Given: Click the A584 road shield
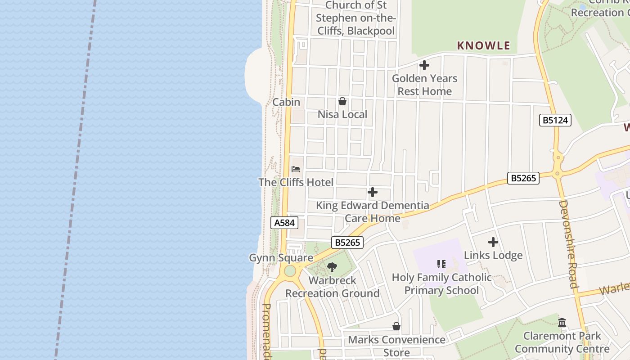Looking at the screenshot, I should click(284, 222).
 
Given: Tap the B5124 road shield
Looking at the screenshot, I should click(555, 120).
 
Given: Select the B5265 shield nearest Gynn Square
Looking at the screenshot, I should click(347, 243).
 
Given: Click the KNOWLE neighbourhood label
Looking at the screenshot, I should click(484, 45).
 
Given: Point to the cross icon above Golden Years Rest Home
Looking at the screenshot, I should click(424, 66).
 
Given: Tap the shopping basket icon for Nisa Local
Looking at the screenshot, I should click(342, 101).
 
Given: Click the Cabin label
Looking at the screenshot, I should click(286, 102).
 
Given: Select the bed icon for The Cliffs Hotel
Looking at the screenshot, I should click(296, 169).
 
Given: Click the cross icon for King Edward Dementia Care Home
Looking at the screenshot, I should click(373, 193).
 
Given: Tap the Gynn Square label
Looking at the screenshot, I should click(281, 258).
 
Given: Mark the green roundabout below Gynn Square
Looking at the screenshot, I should click(290, 271).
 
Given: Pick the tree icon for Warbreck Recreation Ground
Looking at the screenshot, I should click(332, 267).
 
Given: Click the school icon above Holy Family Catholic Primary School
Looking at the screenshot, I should click(441, 264).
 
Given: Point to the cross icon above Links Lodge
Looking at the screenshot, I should click(493, 242).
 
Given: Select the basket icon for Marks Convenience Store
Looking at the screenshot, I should click(396, 326).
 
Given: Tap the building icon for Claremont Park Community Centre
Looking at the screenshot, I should click(562, 322).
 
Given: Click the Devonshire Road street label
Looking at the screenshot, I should click(568, 244).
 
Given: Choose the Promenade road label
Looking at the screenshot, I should click(266, 331).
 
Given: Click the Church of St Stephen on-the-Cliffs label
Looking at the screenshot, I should click(355, 18).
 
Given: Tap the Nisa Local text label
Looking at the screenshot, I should click(342, 114).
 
